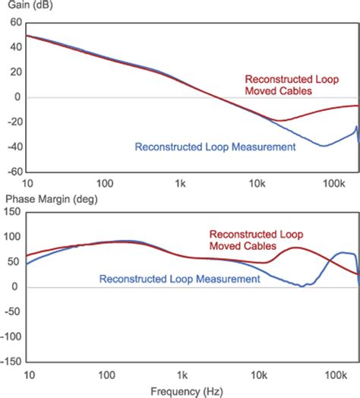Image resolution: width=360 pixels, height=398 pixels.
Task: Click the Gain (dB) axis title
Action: [27, 7]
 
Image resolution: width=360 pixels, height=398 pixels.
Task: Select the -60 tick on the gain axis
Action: [13, 172]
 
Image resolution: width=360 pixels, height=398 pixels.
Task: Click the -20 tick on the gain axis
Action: [13, 122]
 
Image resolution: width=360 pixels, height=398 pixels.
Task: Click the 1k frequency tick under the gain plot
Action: [180, 183]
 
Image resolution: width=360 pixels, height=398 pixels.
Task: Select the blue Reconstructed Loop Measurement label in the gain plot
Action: [215, 147]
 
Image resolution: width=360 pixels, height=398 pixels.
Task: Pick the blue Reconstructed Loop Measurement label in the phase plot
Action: [179, 280]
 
